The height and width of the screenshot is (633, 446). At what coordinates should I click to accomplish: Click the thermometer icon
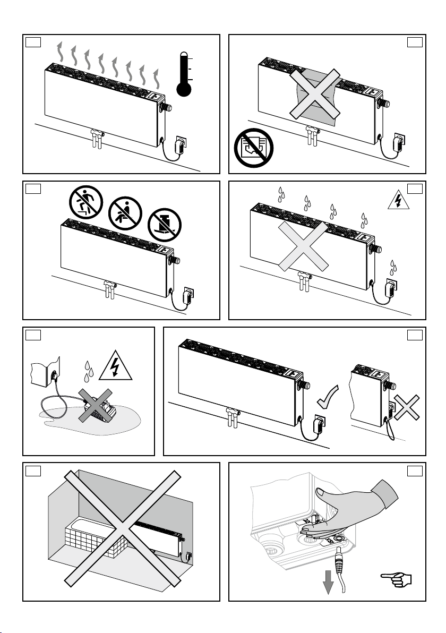[x=184, y=74]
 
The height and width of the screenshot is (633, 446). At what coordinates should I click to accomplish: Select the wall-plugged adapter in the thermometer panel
[x=181, y=145]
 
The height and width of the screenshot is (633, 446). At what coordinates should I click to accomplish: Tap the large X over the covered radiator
[x=314, y=94]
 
